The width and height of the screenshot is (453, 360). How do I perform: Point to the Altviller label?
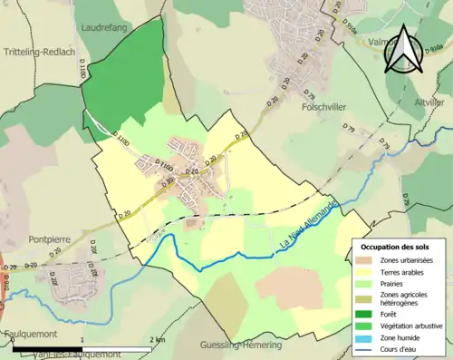point(429,103)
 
